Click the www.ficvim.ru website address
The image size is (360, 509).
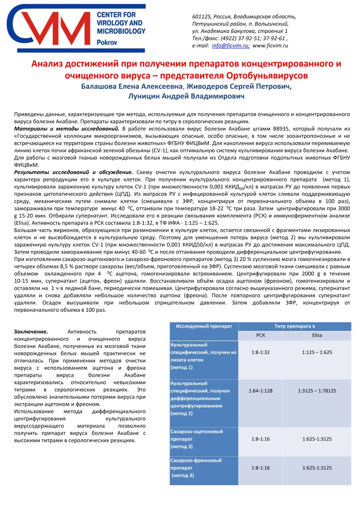tap(271, 45)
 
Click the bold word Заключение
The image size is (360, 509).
tap(31, 331)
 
